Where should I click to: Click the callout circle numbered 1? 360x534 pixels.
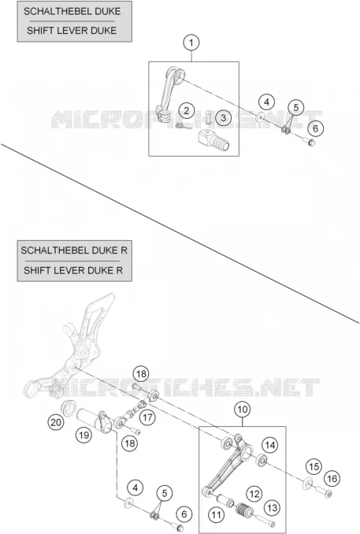pyautogui.click(x=191, y=43)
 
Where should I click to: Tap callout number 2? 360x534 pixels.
pyautogui.click(x=186, y=110)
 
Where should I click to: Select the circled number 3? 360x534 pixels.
pyautogui.click(x=223, y=118)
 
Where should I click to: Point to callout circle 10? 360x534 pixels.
pyautogui.click(x=242, y=409)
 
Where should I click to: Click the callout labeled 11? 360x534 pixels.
pyautogui.click(x=217, y=514)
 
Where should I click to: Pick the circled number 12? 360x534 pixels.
pyautogui.click(x=254, y=494)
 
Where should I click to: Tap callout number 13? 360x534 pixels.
pyautogui.click(x=272, y=508)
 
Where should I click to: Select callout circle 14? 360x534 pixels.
pyautogui.click(x=269, y=445)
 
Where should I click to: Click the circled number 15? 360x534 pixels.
pyautogui.click(x=314, y=466)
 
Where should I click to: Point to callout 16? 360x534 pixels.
pyautogui.click(x=332, y=479)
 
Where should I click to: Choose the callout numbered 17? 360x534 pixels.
pyautogui.click(x=147, y=417)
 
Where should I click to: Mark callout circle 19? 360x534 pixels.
pyautogui.click(x=84, y=435)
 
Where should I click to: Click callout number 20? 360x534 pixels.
pyautogui.click(x=55, y=423)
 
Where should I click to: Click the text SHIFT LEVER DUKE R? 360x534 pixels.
pyautogui.click(x=73, y=270)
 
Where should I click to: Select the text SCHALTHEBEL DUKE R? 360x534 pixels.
pyautogui.click(x=74, y=250)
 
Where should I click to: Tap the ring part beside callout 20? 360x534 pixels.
pyautogui.click(x=69, y=407)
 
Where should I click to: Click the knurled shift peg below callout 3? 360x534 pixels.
pyautogui.click(x=214, y=140)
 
